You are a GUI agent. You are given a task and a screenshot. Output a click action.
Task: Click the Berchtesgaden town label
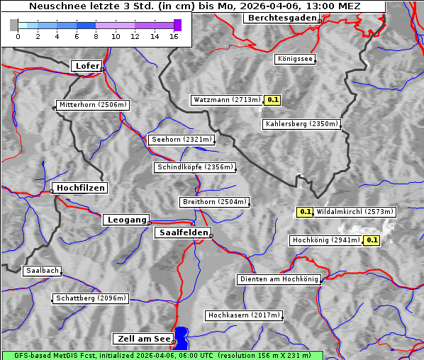281,18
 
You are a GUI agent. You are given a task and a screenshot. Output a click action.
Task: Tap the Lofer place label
87,66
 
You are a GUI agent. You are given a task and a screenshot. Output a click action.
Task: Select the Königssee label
295,59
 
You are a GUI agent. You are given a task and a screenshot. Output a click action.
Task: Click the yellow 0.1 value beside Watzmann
273,100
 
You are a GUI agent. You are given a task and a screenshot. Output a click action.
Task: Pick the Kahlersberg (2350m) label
301,124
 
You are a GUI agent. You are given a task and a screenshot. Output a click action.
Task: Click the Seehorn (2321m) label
182,140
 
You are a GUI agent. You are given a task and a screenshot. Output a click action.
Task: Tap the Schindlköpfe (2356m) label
194,167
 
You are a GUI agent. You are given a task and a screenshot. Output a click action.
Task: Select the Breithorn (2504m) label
214,202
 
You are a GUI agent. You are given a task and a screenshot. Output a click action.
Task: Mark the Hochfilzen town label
81,188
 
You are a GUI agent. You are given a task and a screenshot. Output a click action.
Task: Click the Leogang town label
127,220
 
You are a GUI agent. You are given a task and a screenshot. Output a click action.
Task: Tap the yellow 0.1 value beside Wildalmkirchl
305,211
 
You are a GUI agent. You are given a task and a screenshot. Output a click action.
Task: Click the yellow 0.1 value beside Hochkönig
372,240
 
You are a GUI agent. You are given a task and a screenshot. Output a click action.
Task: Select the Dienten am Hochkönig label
279,280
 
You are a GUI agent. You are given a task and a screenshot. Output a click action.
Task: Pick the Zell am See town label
143,339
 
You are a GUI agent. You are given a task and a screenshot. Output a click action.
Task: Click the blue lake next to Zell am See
182,337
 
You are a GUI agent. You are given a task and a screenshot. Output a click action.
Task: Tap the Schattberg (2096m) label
91,298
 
